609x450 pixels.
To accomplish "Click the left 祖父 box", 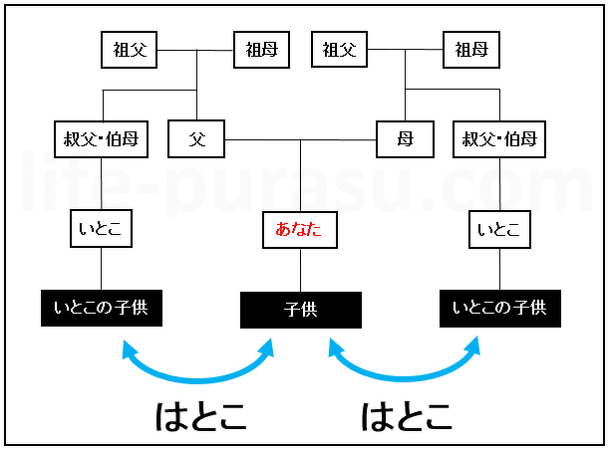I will [131, 49].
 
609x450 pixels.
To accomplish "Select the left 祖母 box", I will [262, 49].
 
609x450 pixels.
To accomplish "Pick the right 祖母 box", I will [470, 49].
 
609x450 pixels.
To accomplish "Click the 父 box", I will [196, 139].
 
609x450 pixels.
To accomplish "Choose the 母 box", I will [405, 139].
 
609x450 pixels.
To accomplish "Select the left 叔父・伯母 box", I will [101, 139].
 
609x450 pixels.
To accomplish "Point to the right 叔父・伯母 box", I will [499, 139].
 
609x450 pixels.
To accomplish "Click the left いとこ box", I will [101, 230].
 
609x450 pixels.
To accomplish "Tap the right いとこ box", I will [499, 230].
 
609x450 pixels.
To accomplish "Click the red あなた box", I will [301, 230].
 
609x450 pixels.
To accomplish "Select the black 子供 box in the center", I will [301, 310].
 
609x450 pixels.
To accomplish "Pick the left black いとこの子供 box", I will [101, 308].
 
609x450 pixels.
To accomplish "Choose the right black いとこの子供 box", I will [499, 308].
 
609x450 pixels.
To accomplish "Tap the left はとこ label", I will [200, 415].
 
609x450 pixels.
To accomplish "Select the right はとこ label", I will [405, 415].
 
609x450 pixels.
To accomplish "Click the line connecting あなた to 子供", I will [301, 270].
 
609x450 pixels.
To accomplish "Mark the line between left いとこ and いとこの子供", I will [101, 269].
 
